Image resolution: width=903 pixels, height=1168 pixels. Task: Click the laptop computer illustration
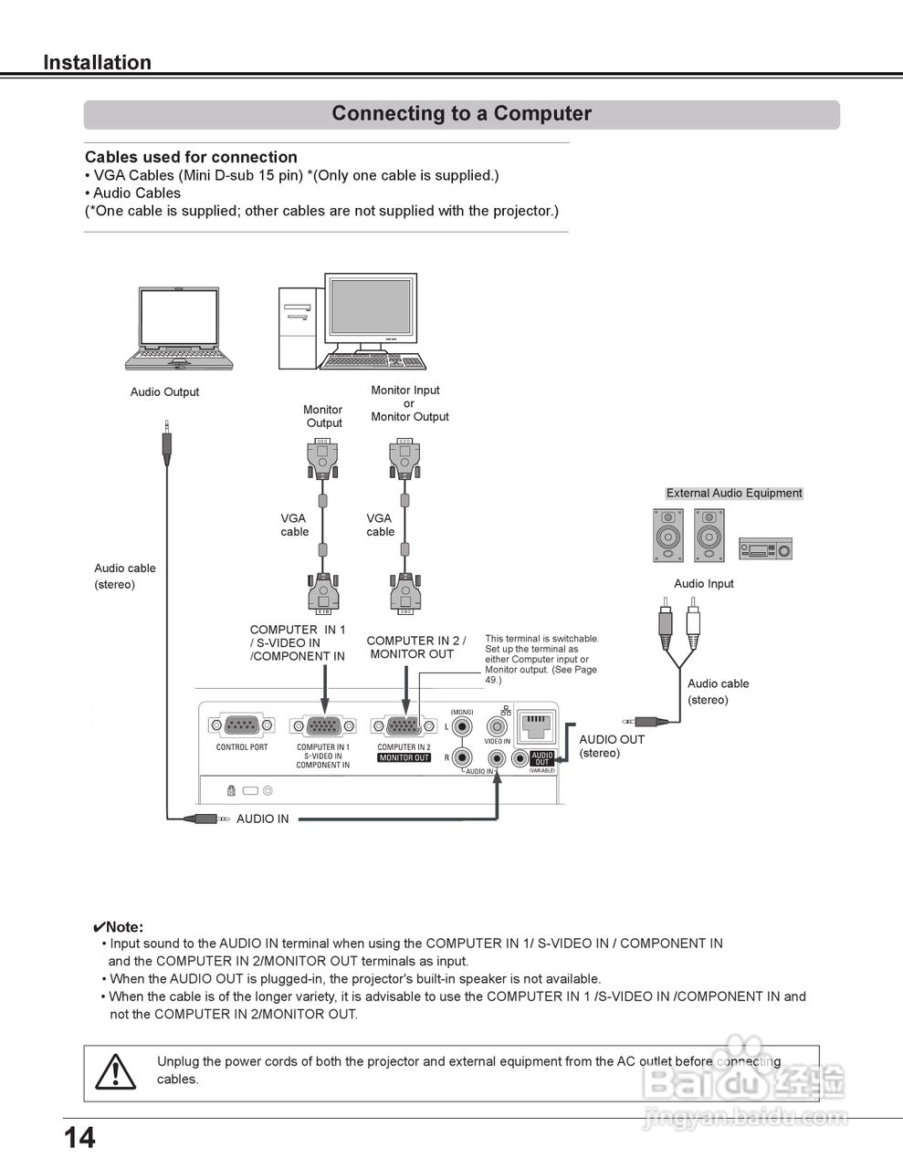180,328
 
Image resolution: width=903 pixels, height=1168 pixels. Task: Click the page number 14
79,1137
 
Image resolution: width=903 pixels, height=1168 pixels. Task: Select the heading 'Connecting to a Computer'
461,114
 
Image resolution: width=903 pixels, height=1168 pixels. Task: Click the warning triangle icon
116,1071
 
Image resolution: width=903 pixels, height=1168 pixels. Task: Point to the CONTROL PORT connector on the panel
242,726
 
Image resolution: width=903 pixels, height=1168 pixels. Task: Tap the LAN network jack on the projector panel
535,726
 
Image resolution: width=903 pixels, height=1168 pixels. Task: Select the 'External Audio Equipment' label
734,493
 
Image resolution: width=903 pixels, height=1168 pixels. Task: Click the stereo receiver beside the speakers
765,548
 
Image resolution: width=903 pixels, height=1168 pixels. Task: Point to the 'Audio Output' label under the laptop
164,392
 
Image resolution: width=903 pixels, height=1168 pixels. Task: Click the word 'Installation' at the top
98,63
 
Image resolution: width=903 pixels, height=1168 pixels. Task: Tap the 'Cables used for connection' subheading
191,157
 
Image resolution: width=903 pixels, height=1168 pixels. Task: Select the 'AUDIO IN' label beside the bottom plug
262,819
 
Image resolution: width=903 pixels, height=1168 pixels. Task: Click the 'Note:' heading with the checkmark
119,927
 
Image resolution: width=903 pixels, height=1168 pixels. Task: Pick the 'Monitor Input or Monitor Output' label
409,403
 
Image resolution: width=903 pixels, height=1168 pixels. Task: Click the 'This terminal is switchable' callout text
541,659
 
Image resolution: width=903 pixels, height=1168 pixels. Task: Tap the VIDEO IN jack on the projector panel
497,727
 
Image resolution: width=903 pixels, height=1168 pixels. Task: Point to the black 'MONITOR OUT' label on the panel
404,758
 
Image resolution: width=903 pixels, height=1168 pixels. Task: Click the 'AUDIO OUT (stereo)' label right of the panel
612,746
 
